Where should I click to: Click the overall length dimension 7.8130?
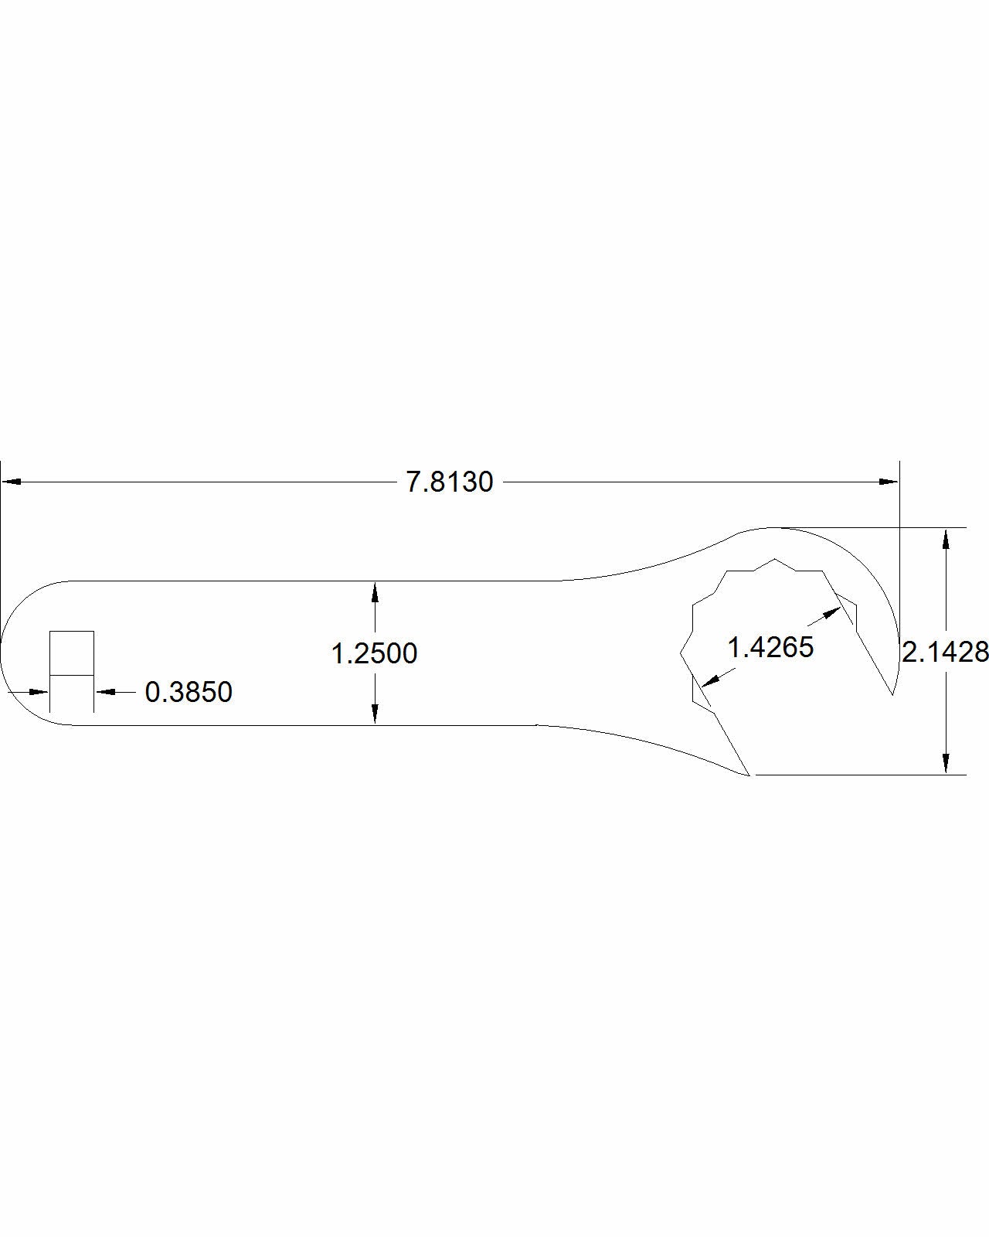point(450,482)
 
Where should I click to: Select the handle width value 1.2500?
point(374,653)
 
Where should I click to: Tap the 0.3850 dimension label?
point(189,692)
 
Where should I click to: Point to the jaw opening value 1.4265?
point(770,647)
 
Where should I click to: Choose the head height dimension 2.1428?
point(945,653)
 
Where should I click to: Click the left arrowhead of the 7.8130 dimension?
point(12,482)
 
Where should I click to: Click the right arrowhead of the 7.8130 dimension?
point(889,482)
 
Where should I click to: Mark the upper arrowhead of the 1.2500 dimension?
point(375,592)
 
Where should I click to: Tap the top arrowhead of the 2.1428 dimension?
point(946,538)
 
